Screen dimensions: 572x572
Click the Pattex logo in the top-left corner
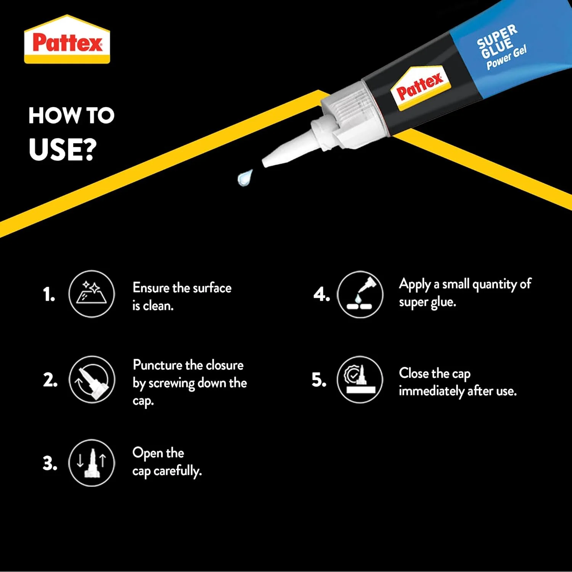[67, 39]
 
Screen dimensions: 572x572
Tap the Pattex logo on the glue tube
[421, 88]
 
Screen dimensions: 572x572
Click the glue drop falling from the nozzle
[245, 177]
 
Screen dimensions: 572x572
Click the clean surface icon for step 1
[92, 294]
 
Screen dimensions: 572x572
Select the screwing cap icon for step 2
[92, 379]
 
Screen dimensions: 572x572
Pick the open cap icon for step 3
[92, 463]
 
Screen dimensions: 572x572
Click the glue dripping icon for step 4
[360, 294]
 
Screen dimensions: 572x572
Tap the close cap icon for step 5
[360, 379]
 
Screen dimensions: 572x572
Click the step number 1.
[49, 294]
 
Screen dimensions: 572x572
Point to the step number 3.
[50, 463]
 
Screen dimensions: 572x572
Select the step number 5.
[319, 380]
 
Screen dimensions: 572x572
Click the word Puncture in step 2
[157, 365]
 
